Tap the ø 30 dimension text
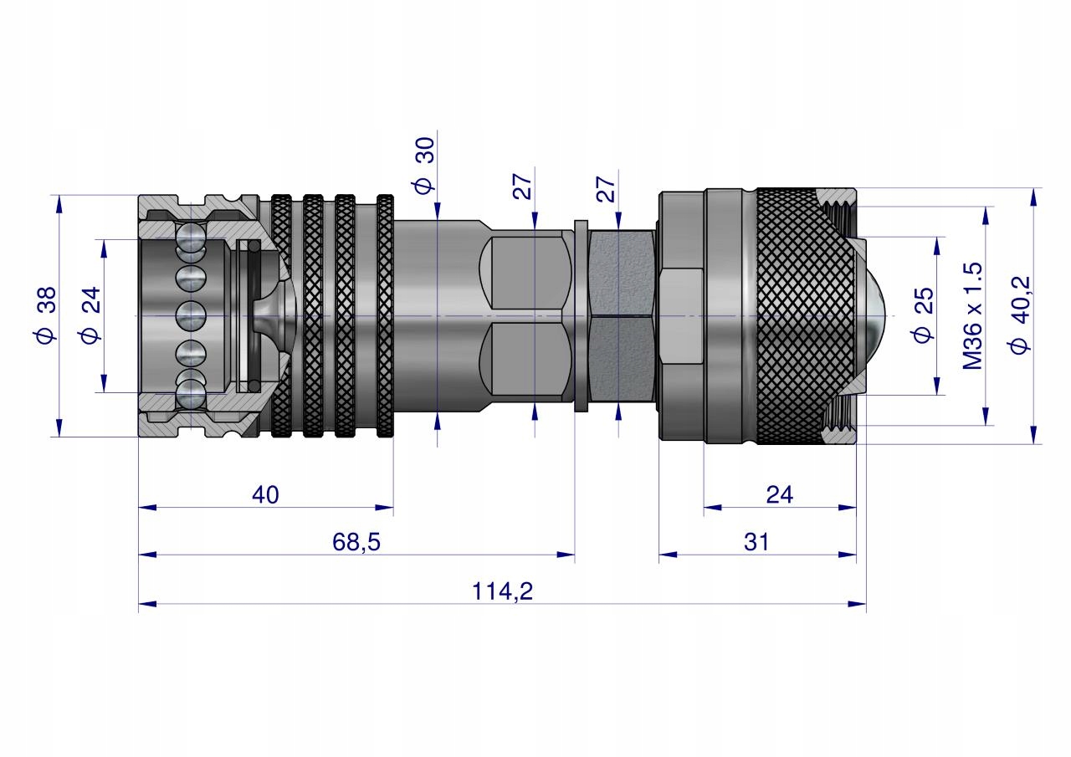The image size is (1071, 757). [x=425, y=165]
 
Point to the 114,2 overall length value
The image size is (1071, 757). [x=502, y=591]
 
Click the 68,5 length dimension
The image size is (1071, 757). [x=356, y=542]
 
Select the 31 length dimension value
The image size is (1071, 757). [x=756, y=542]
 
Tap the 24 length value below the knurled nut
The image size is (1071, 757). [x=779, y=494]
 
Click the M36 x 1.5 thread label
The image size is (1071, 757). [x=971, y=315]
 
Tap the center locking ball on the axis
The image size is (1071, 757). [x=191, y=315]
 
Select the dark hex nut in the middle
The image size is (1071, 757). [x=621, y=315]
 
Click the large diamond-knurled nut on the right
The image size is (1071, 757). [x=795, y=315]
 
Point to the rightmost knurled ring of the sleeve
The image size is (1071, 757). [x=386, y=315]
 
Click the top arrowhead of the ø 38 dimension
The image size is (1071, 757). [x=59, y=202]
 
